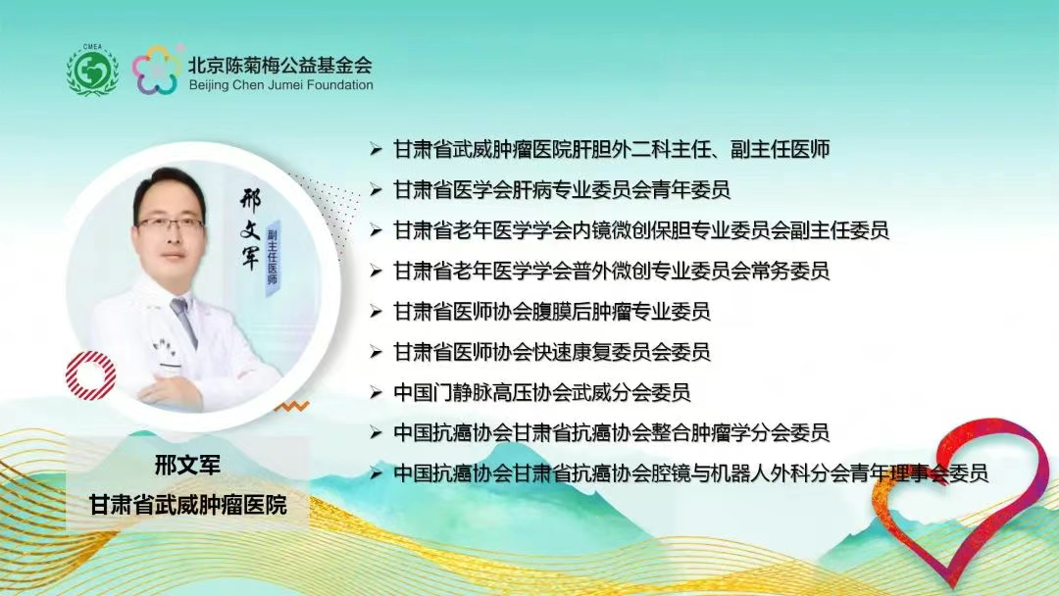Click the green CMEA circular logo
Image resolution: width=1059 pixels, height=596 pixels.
pyautogui.click(x=92, y=70)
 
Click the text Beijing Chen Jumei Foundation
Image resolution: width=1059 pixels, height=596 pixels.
pyautogui.click(x=280, y=85)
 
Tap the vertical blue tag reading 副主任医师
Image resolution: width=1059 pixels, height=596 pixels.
pyautogui.click(x=273, y=252)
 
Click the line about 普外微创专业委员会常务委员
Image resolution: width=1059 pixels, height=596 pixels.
pyautogui.click(x=612, y=271)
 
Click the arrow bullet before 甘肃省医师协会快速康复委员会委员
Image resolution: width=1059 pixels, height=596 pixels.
pyautogui.click(x=376, y=352)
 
